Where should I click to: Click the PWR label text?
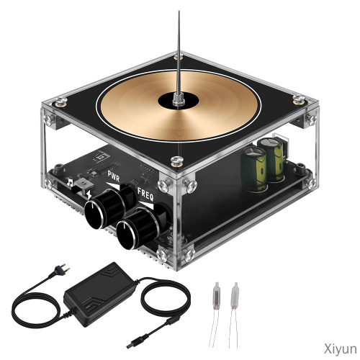[114, 177]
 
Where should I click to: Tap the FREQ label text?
[145, 194]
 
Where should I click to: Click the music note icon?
[70, 182]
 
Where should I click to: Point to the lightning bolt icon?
[89, 194]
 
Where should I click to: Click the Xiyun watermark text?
[341, 348]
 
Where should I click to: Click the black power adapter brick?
[99, 294]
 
